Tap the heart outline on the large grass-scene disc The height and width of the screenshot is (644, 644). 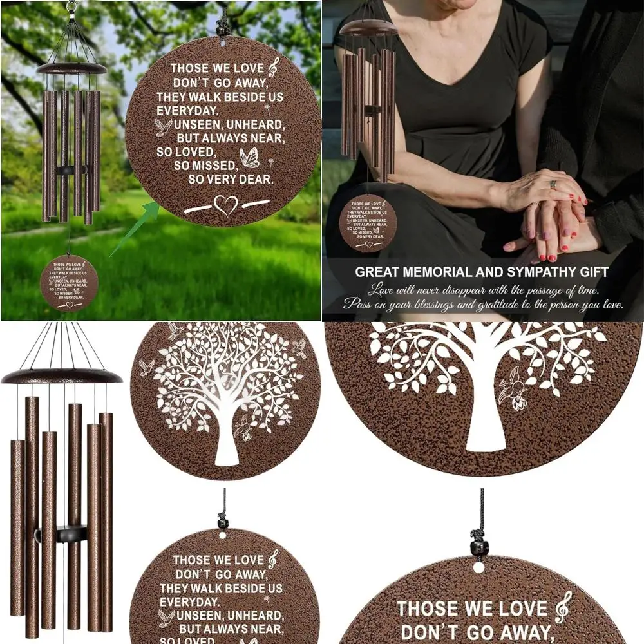click(x=225, y=205)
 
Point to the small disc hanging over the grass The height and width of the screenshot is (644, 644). click(x=69, y=282)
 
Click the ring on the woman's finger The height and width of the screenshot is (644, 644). click(x=553, y=184)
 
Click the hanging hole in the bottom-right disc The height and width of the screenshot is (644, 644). click(x=478, y=567)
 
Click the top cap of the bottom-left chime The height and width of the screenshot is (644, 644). click(x=62, y=375)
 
